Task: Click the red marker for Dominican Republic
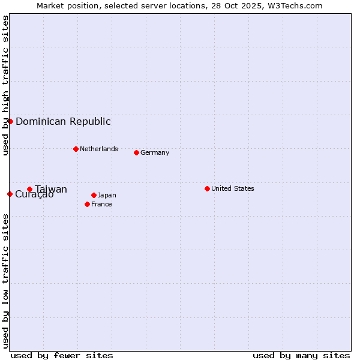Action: coord(10,121)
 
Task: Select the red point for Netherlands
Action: coord(76,149)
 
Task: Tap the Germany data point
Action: coord(136,152)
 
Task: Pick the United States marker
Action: coord(207,188)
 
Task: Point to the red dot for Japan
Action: coord(94,195)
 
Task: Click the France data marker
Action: coord(88,204)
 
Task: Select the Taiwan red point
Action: coord(29,189)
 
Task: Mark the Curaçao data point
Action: coord(10,194)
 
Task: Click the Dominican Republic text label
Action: coord(63,121)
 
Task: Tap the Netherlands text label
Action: coord(99,149)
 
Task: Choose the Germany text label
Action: coord(155,152)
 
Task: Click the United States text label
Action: coord(233,188)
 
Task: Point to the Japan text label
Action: coord(107,195)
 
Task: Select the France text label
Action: coord(101,204)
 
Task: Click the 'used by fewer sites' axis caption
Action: coord(62,355)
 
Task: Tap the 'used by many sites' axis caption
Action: coord(301,355)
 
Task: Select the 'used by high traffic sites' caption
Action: coord(5,85)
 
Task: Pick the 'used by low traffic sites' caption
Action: coord(5,281)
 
